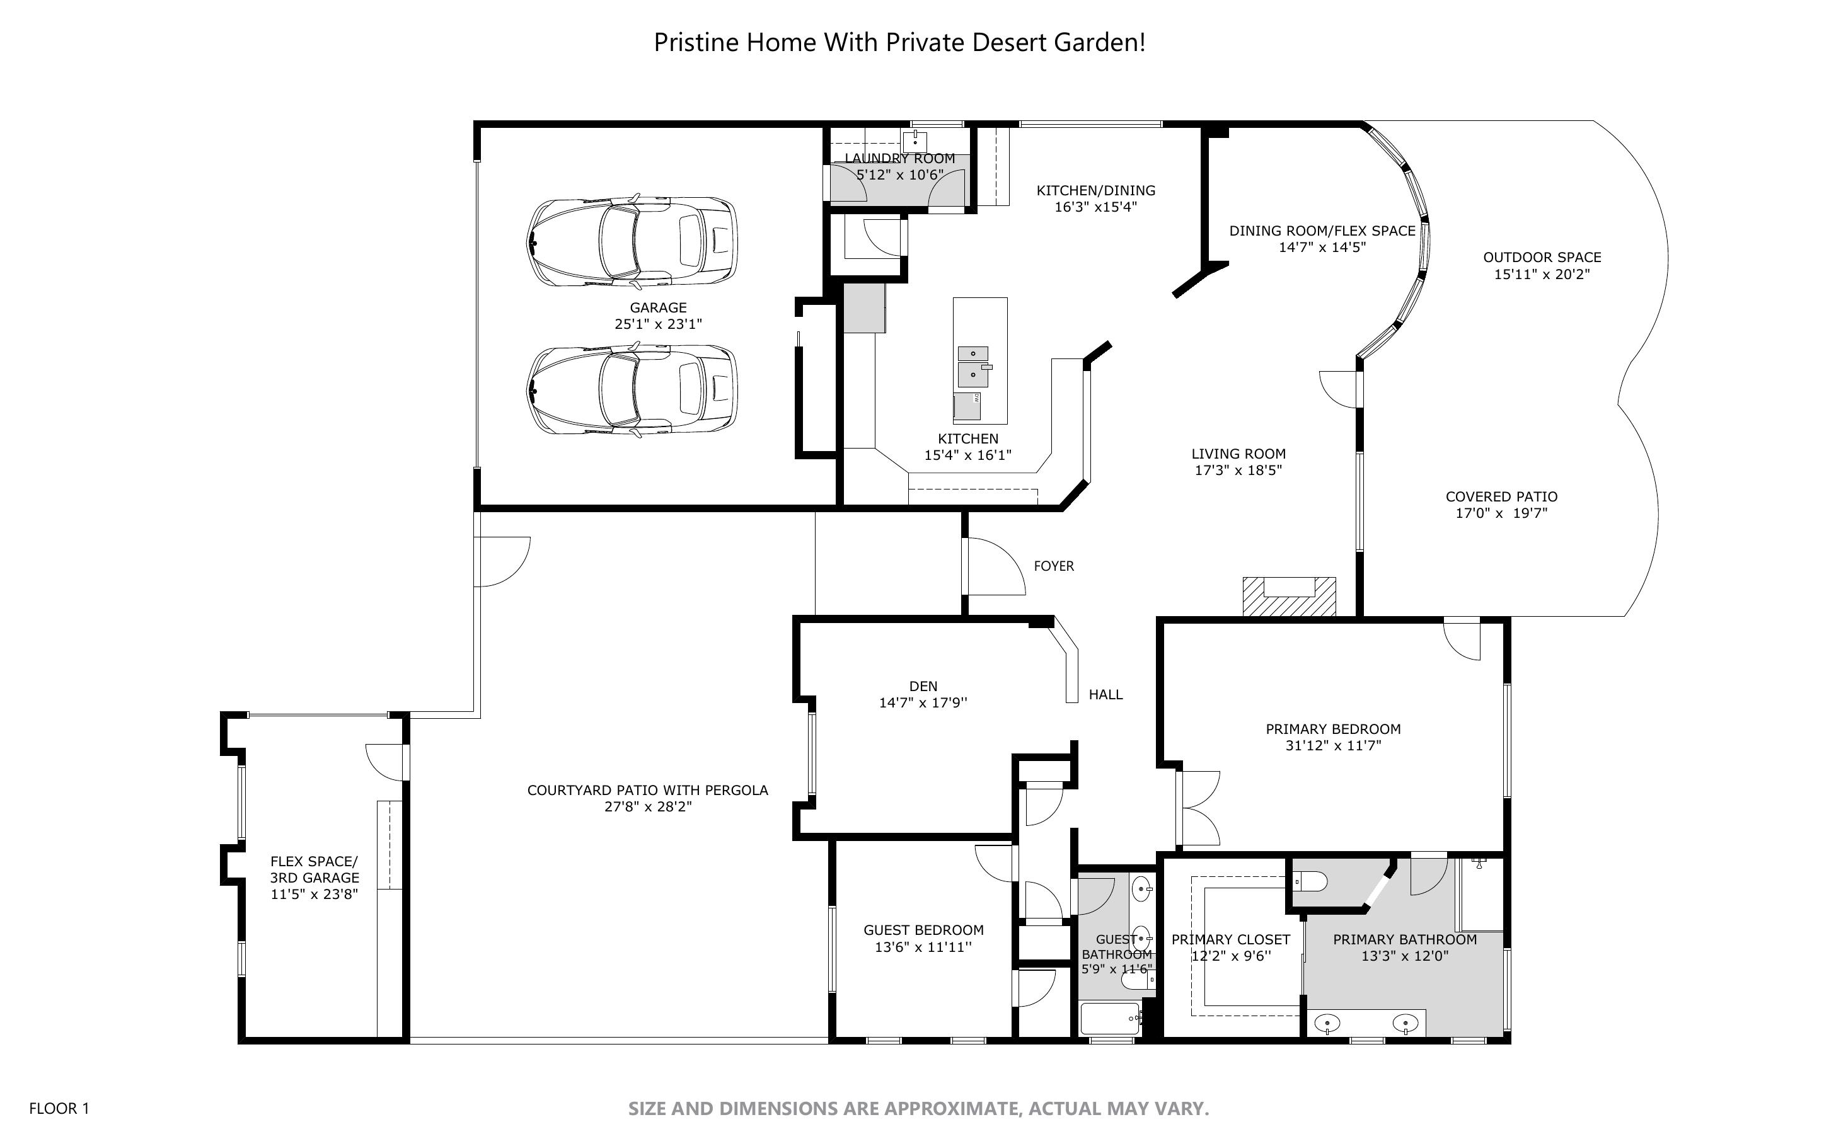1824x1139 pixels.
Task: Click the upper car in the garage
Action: point(632,241)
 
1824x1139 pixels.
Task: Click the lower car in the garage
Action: point(632,390)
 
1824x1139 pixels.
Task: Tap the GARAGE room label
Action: point(658,307)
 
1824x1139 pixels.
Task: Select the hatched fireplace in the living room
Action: point(1288,597)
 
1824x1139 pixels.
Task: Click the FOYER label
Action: point(1053,566)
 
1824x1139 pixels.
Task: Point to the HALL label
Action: point(1105,694)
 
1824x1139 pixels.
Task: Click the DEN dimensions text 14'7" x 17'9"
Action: point(923,703)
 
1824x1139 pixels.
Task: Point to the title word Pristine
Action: point(697,42)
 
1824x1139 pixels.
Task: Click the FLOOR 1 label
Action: point(59,1108)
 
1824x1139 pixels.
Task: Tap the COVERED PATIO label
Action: point(1501,496)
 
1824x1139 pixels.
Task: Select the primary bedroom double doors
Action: point(1199,808)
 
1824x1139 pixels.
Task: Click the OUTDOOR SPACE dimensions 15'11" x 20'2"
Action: point(1542,274)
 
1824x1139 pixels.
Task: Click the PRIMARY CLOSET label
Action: point(1230,939)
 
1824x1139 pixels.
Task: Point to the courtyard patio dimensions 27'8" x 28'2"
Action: point(647,807)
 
